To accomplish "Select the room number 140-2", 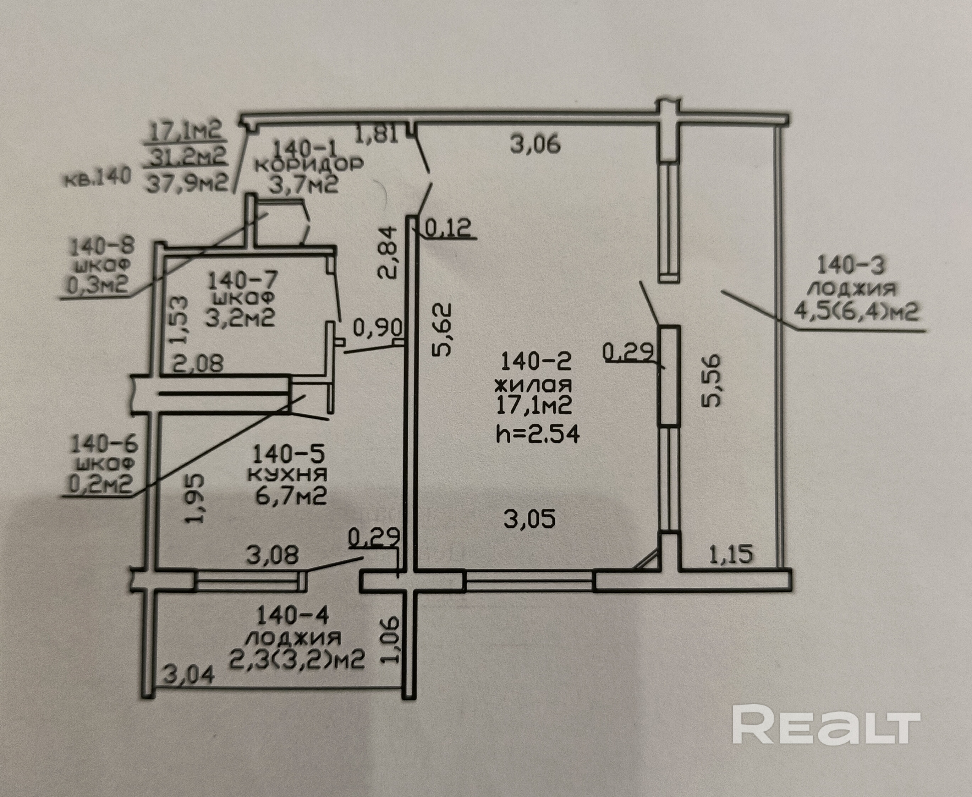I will (536, 361).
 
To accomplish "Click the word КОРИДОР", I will (309, 164).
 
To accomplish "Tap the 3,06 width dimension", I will (536, 145).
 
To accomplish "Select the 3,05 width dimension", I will (529, 519).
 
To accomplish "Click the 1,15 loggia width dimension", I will (731, 554).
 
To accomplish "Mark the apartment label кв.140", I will (97, 177).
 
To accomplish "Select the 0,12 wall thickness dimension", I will (449, 228).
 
